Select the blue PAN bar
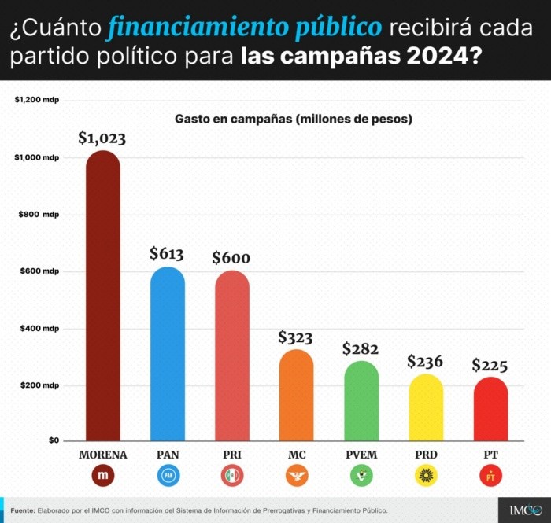point(167,354)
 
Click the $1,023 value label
point(102,138)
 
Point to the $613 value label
point(167,254)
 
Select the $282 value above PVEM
point(361,349)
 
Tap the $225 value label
point(490,366)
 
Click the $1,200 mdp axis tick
point(37,101)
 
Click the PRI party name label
point(231,455)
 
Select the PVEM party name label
point(361,455)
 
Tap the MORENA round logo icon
point(102,476)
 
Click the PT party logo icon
point(490,476)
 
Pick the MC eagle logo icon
point(296,476)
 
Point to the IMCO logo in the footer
point(520,510)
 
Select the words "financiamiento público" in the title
point(245,28)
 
